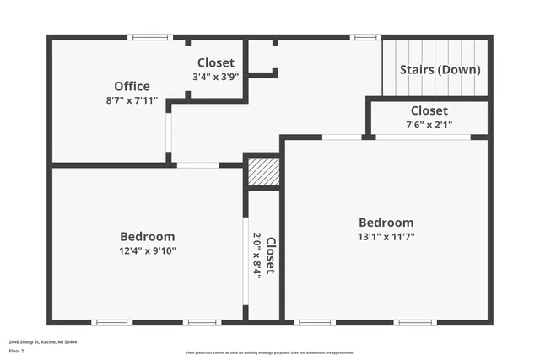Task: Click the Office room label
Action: point(132,86)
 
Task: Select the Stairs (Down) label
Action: point(440,70)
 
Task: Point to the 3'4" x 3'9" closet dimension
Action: point(216,77)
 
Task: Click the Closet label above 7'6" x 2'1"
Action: point(429,110)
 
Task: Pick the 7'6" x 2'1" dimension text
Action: point(429,125)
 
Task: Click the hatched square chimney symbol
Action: point(262,173)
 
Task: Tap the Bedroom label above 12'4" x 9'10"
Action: point(147,237)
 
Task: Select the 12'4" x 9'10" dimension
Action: point(147,251)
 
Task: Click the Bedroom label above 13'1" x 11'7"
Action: point(386,223)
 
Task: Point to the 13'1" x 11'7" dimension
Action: point(386,237)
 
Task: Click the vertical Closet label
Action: point(270,255)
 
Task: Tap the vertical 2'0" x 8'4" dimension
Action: point(257,255)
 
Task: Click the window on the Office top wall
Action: point(150,37)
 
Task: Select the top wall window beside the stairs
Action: point(364,37)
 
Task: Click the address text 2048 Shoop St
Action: point(43,342)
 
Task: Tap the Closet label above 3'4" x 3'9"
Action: point(216,62)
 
